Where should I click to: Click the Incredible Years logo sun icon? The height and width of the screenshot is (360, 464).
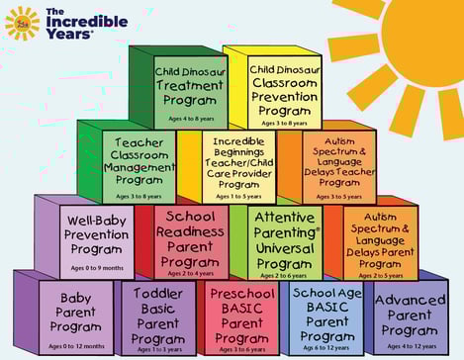click(22, 22)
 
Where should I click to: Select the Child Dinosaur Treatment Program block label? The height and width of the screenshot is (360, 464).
click(190, 86)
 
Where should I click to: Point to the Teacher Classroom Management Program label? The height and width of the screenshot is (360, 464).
click(138, 160)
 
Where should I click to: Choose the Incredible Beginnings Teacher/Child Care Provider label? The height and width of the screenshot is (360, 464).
click(238, 161)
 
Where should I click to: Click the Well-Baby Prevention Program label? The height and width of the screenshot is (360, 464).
click(97, 235)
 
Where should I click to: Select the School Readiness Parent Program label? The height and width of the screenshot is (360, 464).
click(190, 237)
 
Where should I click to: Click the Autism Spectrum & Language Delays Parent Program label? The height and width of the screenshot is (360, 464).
click(380, 238)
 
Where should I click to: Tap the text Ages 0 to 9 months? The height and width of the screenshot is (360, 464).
click(96, 267)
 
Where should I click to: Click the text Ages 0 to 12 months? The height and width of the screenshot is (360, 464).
click(75, 343)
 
